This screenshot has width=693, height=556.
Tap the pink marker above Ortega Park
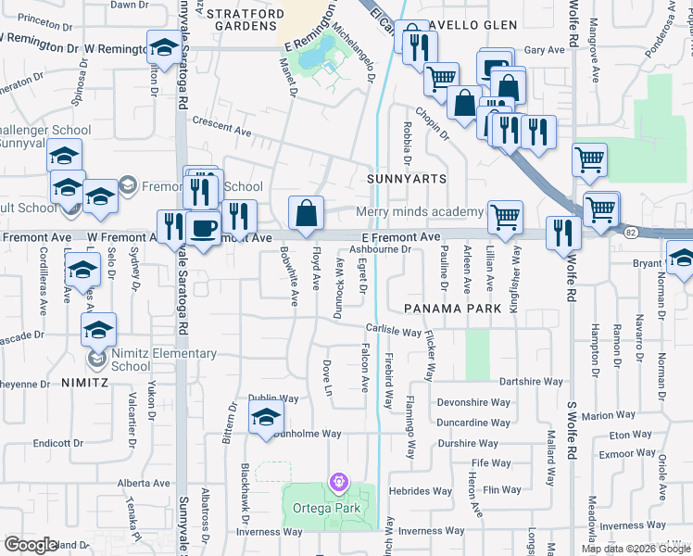click(338, 482)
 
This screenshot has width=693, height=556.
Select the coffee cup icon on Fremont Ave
click(203, 227)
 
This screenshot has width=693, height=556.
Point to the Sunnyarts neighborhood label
click(407, 178)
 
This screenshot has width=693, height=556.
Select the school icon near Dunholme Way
click(265, 418)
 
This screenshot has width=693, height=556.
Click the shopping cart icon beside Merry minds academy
click(505, 217)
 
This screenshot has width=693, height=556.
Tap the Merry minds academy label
click(420, 212)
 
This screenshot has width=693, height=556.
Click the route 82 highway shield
click(631, 232)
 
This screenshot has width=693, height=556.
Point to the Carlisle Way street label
click(393, 331)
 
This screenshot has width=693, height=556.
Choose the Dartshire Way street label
click(531, 382)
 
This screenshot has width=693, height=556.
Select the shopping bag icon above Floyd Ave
click(306, 213)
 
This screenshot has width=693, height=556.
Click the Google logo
click(31, 545)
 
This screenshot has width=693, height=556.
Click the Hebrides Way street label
click(428, 491)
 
